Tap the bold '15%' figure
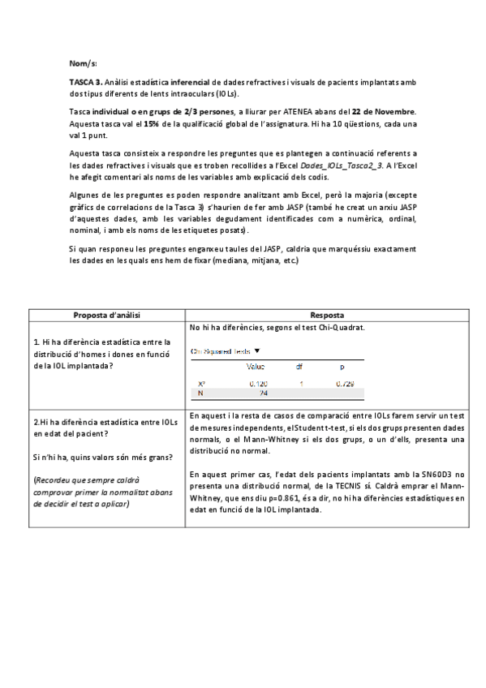(152, 123)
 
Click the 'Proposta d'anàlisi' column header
(107, 315)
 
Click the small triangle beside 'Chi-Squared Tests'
(257, 351)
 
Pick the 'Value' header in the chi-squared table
(256, 367)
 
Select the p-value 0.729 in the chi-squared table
(344, 383)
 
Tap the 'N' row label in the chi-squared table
(200, 393)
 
